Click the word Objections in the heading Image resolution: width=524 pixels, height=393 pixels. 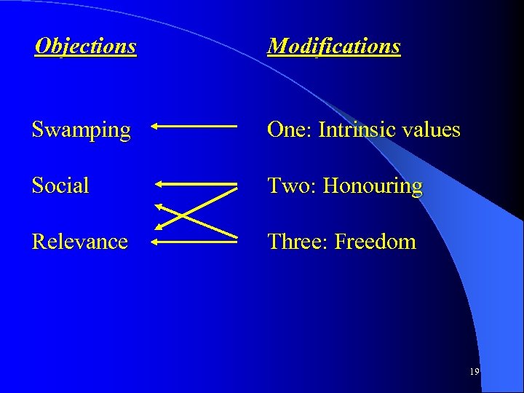86,47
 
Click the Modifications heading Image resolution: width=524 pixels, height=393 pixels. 334,47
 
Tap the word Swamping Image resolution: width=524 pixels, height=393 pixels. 82,130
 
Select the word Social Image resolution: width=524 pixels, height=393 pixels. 60,186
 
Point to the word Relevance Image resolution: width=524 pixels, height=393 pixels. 80,241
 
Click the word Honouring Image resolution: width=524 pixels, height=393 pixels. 373,186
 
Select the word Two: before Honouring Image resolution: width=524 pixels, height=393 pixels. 292,186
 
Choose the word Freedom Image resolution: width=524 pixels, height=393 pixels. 375,241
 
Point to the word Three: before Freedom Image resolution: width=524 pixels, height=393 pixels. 298,241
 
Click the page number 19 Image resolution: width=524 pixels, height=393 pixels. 475,372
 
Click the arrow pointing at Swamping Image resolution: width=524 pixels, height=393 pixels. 195,126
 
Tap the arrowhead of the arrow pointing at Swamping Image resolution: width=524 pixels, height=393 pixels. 156,126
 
